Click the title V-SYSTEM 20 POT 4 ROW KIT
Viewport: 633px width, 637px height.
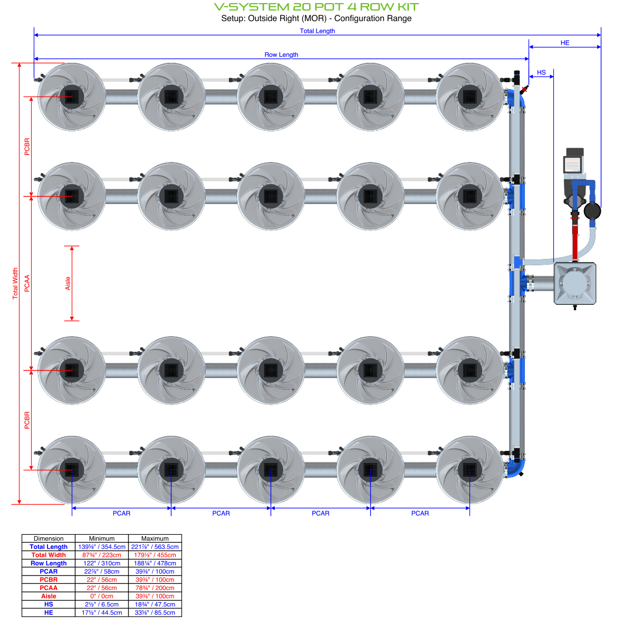[x=316, y=7]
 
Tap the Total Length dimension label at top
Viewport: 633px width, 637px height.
[x=317, y=31]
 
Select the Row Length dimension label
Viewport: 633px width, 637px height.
[x=281, y=55]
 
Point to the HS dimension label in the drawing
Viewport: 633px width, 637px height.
[x=541, y=73]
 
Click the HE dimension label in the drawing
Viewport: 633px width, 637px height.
[x=565, y=43]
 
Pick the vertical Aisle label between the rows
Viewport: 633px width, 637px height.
[x=68, y=283]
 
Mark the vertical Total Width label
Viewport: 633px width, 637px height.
[x=15, y=283]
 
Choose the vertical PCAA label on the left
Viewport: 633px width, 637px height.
[x=27, y=283]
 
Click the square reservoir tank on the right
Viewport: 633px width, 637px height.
[x=575, y=284]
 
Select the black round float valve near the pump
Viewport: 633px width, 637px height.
[x=592, y=211]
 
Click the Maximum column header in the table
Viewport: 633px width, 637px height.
[x=155, y=538]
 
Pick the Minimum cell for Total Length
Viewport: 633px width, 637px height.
[x=102, y=547]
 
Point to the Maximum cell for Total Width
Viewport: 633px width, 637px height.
[x=155, y=555]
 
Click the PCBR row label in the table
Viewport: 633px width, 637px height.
[x=49, y=580]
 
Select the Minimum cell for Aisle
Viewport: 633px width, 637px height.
[x=102, y=596]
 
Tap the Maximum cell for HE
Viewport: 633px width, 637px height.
[x=155, y=613]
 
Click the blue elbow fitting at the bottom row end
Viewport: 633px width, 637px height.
[x=515, y=468]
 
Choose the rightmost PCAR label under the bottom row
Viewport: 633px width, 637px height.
[x=420, y=513]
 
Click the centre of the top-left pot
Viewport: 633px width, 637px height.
[x=72, y=97]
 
